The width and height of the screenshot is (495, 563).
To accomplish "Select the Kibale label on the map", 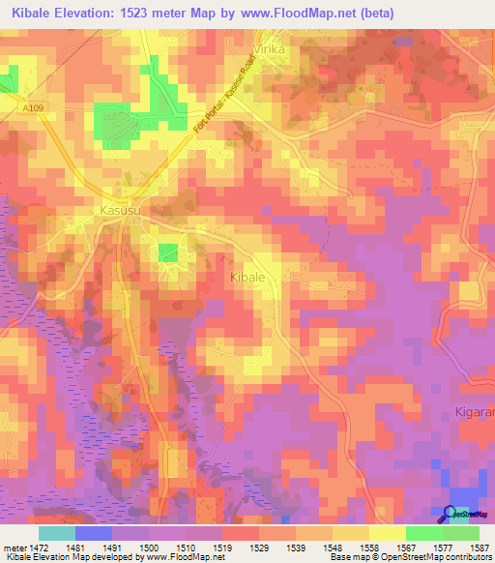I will [x=247, y=277].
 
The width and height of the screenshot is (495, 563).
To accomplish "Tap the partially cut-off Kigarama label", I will [x=474, y=412].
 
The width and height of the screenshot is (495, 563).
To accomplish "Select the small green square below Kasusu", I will [x=168, y=252].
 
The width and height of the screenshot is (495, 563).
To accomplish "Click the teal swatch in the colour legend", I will [x=57, y=533].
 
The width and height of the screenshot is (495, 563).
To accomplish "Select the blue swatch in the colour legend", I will [x=94, y=533].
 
